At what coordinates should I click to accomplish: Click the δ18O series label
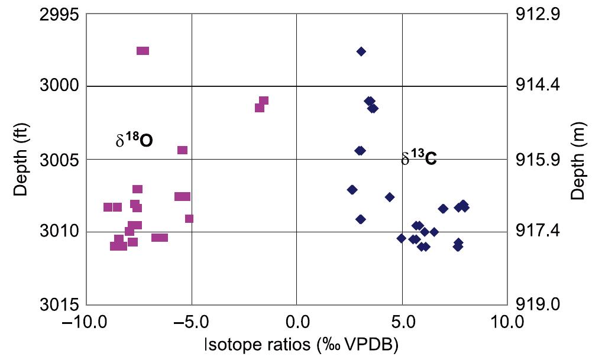click(134, 140)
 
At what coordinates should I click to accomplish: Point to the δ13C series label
click(419, 158)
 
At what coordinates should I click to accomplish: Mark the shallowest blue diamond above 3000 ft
click(361, 51)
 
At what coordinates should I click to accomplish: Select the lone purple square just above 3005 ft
click(182, 150)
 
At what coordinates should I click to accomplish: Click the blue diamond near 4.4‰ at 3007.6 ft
click(389, 197)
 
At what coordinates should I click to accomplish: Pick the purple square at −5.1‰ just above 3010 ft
click(189, 219)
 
